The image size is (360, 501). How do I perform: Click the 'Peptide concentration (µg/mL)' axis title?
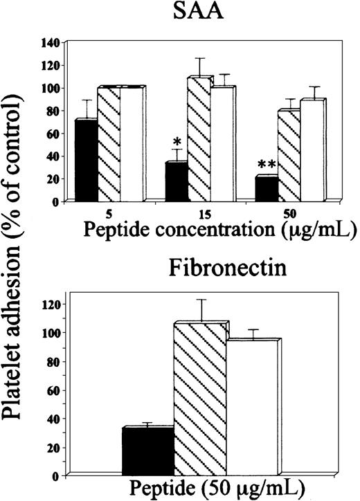[209, 230]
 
